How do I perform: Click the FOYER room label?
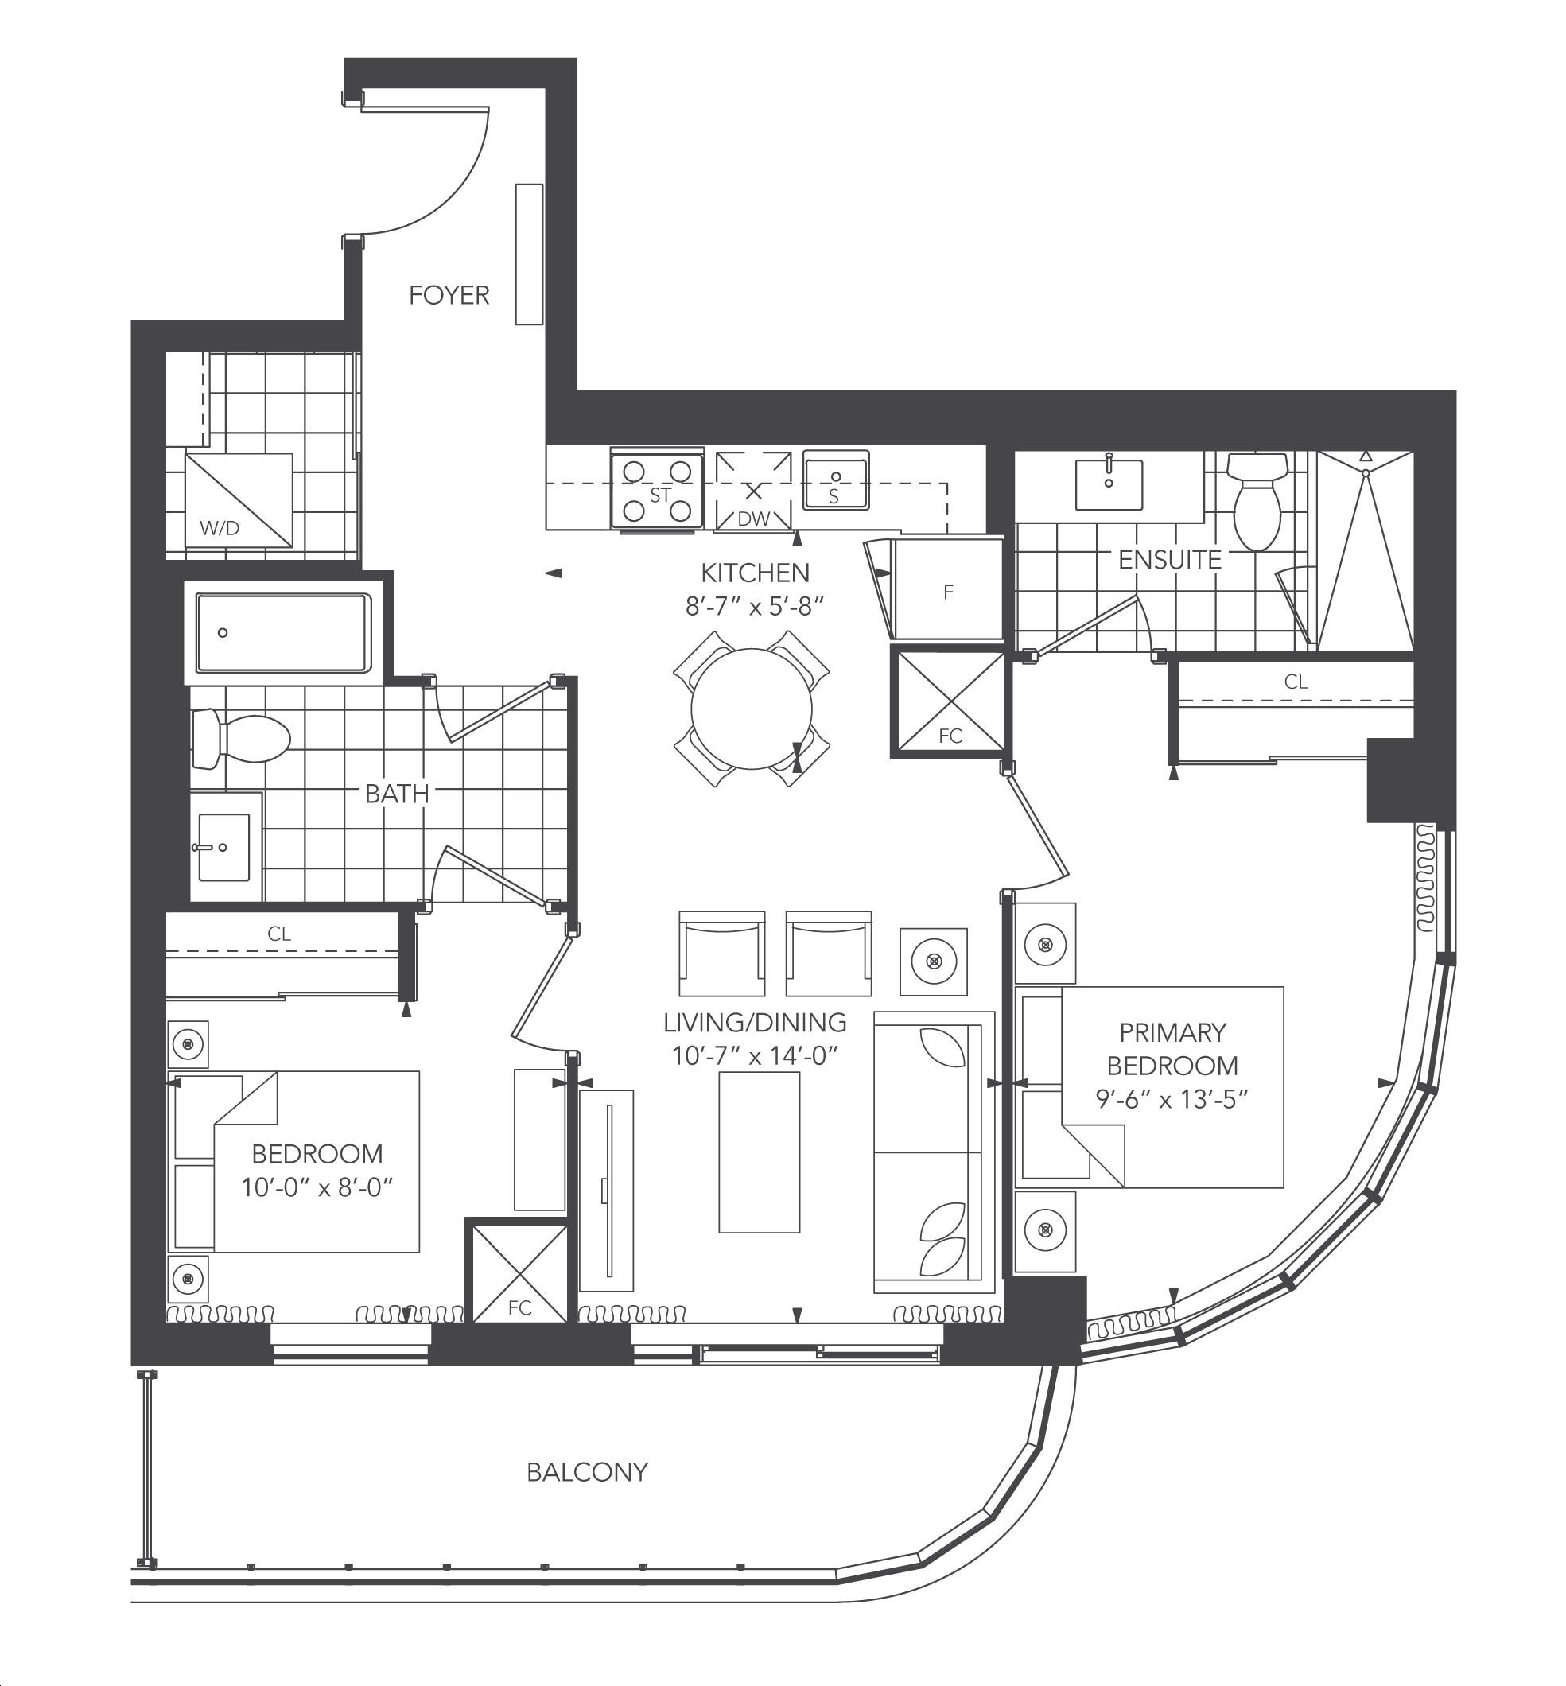click(x=449, y=295)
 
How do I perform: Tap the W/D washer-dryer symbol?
click(x=239, y=500)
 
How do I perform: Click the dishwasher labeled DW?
click(x=753, y=492)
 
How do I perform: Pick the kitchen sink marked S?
click(x=836, y=480)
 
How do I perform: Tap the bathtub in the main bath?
click(x=283, y=633)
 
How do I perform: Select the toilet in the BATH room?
click(x=242, y=739)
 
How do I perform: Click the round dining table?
click(x=752, y=709)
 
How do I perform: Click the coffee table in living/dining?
click(x=760, y=1152)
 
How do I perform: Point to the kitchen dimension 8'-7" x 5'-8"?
click(x=755, y=607)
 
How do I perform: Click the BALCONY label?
click(x=587, y=1471)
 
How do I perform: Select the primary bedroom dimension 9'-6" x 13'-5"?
click(x=1172, y=1099)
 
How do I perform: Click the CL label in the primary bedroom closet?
click(x=1296, y=682)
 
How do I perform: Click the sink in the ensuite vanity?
click(x=1109, y=484)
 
